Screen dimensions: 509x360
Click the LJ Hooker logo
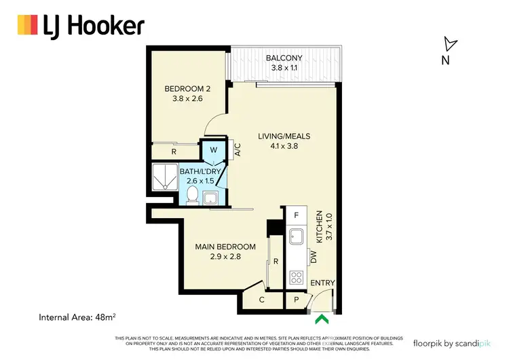(x=81, y=26)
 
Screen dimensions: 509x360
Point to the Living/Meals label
(x=278, y=141)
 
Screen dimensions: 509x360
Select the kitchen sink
(x=296, y=237)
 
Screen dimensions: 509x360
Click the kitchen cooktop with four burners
(x=297, y=276)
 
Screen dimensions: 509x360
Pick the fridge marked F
(x=296, y=215)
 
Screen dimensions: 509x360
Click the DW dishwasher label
(x=313, y=257)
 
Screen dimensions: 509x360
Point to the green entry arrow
(x=322, y=317)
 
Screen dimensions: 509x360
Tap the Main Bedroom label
(x=226, y=251)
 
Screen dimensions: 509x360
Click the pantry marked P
(x=297, y=299)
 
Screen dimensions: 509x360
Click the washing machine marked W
(x=212, y=149)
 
